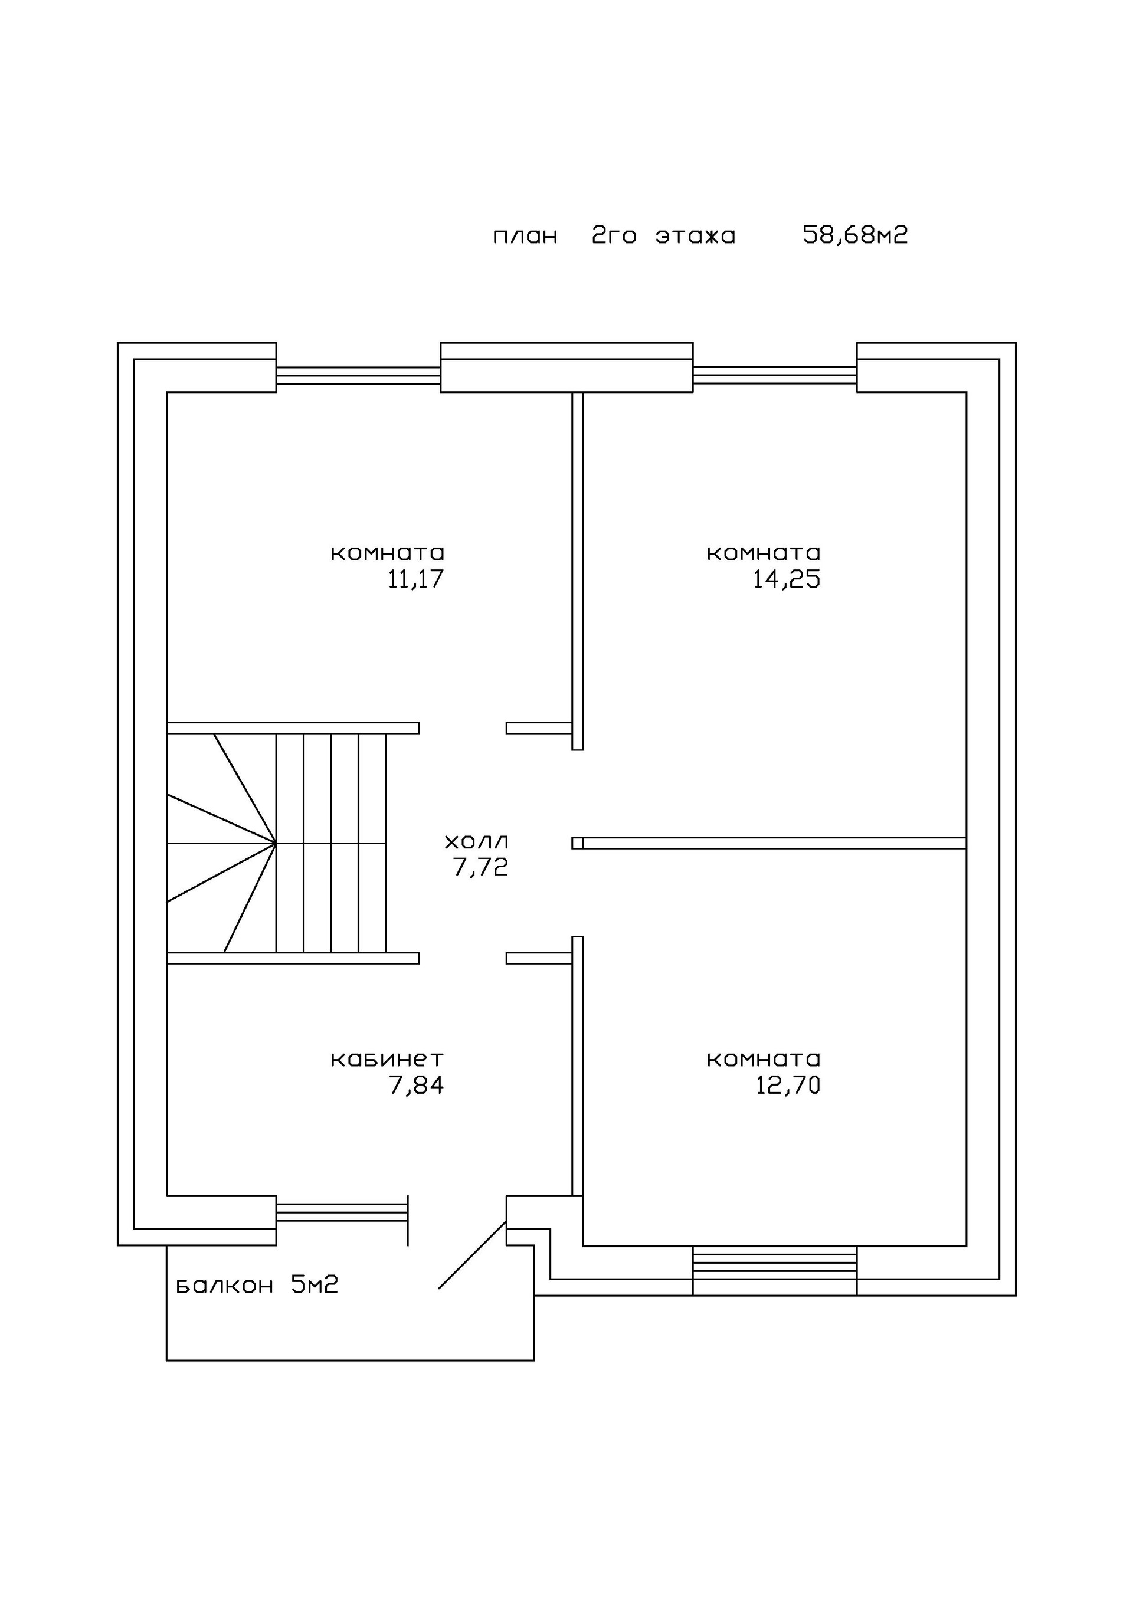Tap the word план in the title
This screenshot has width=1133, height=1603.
525,237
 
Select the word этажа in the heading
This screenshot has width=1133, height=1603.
695,236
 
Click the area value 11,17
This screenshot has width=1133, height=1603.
415,579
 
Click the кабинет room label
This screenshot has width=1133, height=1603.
387,1059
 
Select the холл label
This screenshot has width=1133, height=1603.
477,841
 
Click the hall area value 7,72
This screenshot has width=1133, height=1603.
480,867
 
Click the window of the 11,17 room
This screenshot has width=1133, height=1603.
358,376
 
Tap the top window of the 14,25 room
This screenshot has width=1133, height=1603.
775,376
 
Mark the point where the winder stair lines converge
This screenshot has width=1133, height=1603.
276,844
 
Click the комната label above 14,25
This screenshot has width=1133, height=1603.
764,553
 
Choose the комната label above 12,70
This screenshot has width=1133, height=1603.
764,1059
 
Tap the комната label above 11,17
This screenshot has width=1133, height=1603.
388,553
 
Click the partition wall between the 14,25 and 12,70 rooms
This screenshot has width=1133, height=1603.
774,844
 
